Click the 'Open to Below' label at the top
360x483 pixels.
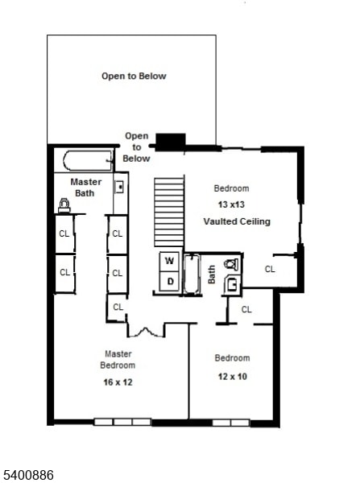(134, 76)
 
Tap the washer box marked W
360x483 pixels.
(170, 261)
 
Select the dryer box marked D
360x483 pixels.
(170, 281)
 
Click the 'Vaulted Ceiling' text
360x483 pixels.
(237, 221)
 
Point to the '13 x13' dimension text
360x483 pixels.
(231, 204)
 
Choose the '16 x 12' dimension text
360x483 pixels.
(118, 382)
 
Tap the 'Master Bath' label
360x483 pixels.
(85, 188)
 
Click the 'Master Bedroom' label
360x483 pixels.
(118, 360)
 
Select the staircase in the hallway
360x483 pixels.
(169, 212)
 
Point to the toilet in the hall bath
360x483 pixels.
(231, 263)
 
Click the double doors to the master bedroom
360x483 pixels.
(146, 330)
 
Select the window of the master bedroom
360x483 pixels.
(116, 422)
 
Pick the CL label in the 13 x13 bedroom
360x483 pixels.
(270, 269)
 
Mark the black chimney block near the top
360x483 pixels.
(169, 142)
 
